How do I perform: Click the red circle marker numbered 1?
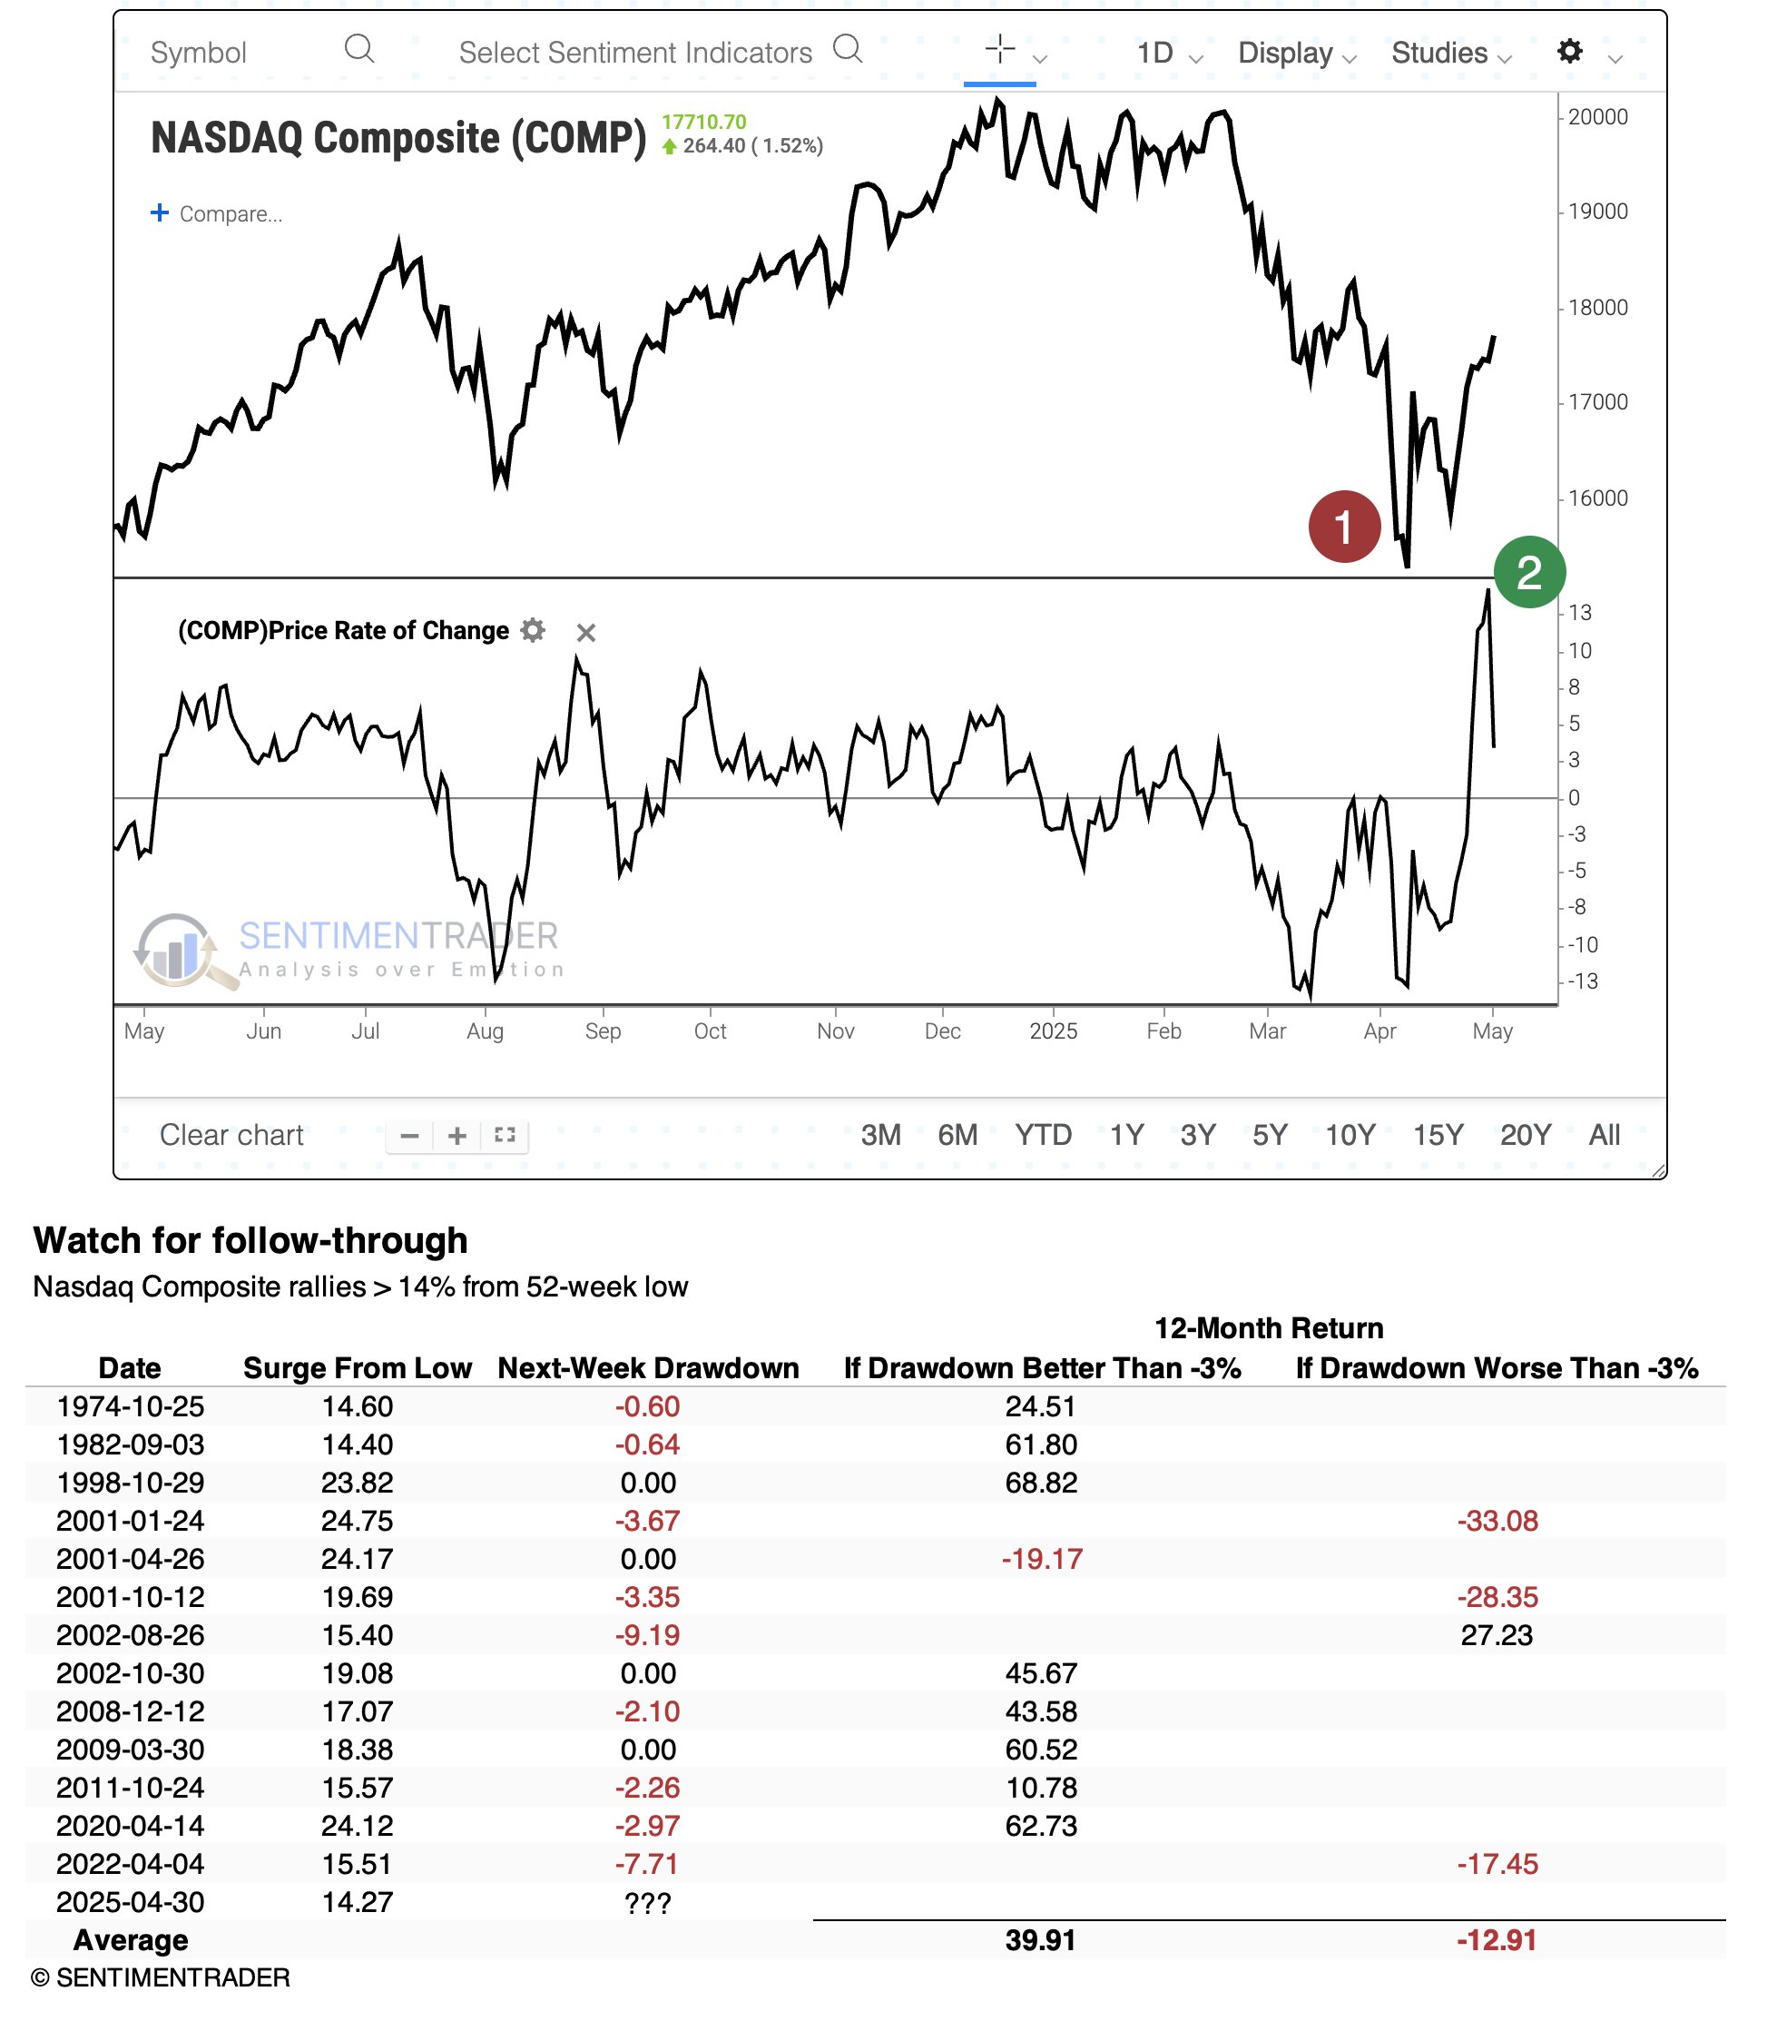click(1343, 526)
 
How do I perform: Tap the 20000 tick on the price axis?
click(1597, 117)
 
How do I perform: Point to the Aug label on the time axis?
click(485, 1030)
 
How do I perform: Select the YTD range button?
click(1043, 1134)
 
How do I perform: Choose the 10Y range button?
click(1349, 1134)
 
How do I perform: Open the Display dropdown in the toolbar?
click(1296, 53)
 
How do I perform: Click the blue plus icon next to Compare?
click(159, 212)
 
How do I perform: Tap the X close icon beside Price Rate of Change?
click(586, 633)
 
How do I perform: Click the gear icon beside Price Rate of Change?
click(533, 631)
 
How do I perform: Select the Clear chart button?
click(231, 1134)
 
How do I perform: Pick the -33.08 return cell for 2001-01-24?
click(1497, 1520)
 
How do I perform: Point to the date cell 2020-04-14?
click(131, 1825)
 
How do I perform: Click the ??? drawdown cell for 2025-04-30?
click(648, 1901)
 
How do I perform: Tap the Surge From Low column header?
click(357, 1367)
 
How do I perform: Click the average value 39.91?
click(1041, 1940)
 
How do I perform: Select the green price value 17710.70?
click(703, 122)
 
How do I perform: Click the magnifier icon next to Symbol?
click(359, 48)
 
